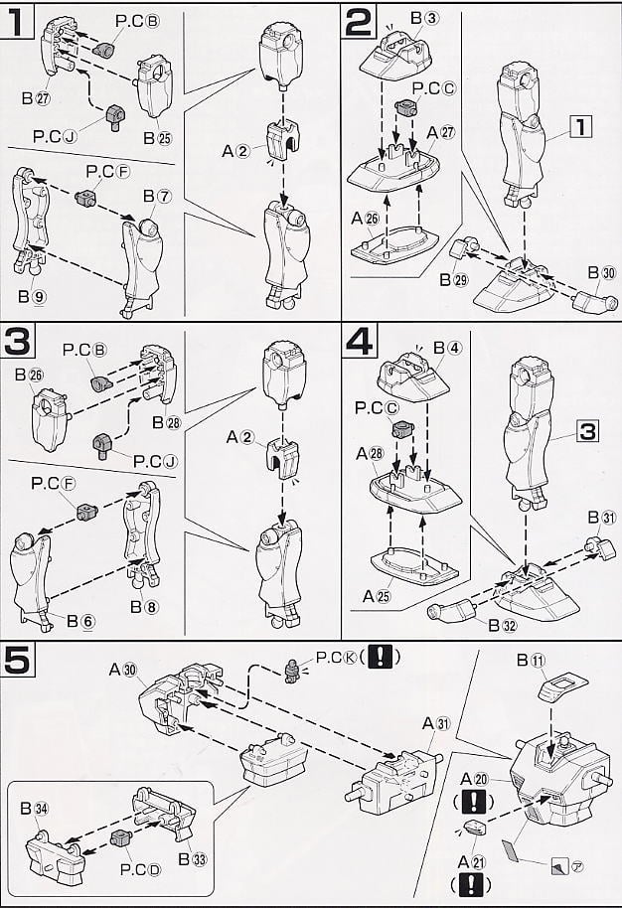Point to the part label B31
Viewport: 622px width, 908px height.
(601, 518)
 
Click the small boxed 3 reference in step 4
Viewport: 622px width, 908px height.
(588, 432)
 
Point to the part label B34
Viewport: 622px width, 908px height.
(39, 807)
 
